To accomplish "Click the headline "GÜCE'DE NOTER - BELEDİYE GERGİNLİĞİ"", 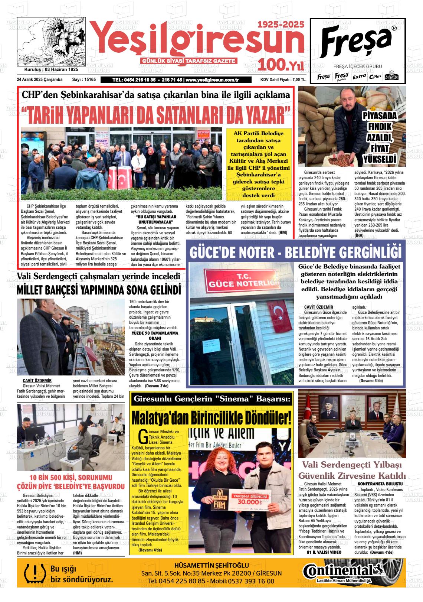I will [295, 252].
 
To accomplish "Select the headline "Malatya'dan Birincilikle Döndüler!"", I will [211, 418].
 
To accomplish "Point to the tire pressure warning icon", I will [33, 573].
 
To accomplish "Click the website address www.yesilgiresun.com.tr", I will [211, 80].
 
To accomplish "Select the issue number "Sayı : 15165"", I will [84, 80].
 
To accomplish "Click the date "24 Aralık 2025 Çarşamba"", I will [40, 80].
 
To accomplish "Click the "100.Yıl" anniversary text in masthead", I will [281, 65].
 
